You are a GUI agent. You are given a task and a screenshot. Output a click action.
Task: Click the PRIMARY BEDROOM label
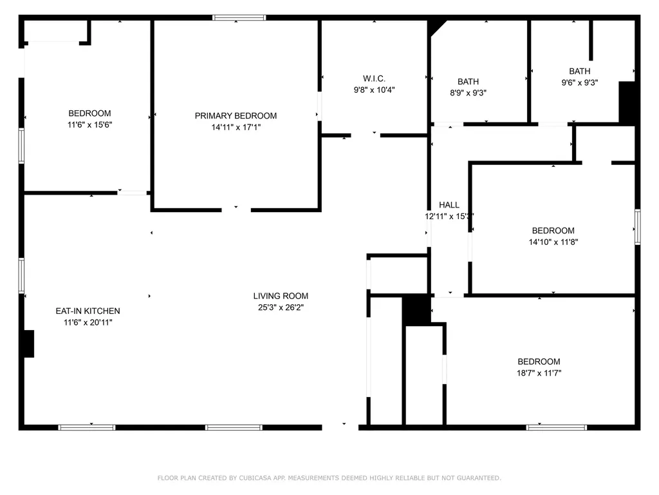(236, 116)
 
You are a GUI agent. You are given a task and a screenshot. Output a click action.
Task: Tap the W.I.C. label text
(374, 79)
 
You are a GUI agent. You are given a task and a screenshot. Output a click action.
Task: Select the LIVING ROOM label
(281, 296)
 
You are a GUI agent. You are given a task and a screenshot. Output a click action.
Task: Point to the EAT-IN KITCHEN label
(88, 311)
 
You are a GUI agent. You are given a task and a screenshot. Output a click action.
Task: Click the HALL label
(449, 205)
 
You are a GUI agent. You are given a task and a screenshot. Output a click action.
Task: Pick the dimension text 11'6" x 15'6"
(90, 124)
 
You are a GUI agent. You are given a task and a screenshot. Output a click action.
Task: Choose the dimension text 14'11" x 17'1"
(236, 127)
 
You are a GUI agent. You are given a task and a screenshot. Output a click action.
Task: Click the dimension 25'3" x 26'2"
(281, 307)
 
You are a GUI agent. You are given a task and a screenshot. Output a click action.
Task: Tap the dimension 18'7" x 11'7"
(539, 373)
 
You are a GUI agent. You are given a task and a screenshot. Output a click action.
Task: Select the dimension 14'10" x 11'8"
(553, 242)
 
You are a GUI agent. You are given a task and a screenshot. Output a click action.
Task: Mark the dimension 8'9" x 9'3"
(469, 93)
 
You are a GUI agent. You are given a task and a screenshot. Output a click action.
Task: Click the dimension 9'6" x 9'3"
(580, 83)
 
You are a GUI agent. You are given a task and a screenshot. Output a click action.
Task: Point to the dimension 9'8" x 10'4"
(374, 90)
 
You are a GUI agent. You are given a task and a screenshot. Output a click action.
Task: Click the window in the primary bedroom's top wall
(239, 17)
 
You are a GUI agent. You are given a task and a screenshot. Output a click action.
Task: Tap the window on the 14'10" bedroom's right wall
(638, 227)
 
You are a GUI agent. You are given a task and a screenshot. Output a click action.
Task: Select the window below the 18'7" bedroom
(557, 427)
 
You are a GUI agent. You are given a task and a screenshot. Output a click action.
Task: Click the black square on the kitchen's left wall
(28, 344)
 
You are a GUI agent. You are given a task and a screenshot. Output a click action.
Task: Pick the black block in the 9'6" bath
(627, 102)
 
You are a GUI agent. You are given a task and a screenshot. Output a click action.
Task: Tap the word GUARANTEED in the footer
(479, 478)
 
